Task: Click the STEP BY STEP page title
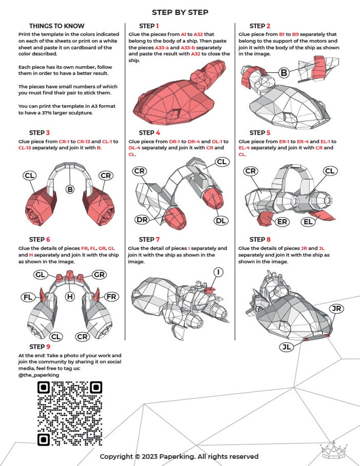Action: (180, 12)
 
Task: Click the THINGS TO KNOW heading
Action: (57, 26)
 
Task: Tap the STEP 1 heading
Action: (149, 26)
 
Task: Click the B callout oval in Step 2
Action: (284, 72)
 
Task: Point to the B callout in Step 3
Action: (70, 189)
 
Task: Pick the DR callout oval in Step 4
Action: (141, 220)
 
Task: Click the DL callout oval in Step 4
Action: (221, 220)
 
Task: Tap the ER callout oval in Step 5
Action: (282, 222)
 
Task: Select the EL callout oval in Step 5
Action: (308, 222)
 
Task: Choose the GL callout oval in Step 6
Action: (41, 275)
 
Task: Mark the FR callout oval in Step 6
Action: (111, 297)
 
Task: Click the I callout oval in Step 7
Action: (219, 272)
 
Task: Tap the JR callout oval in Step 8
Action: (336, 309)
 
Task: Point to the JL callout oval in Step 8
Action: (286, 347)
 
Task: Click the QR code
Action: (70, 413)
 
